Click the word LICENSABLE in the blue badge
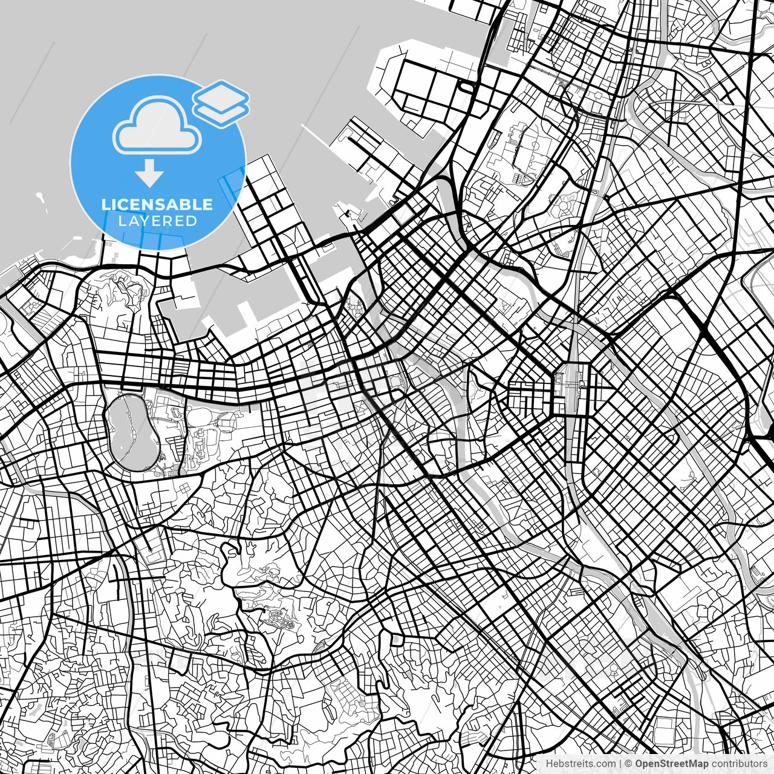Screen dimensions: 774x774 point(157,204)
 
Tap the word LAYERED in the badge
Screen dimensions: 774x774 point(157,221)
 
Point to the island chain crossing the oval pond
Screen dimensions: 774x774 point(128,432)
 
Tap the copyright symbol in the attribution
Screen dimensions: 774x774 point(628,764)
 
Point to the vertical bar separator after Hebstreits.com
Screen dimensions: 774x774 point(620,764)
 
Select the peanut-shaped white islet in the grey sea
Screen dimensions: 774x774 point(41,199)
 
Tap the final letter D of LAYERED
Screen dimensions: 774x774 point(192,221)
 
